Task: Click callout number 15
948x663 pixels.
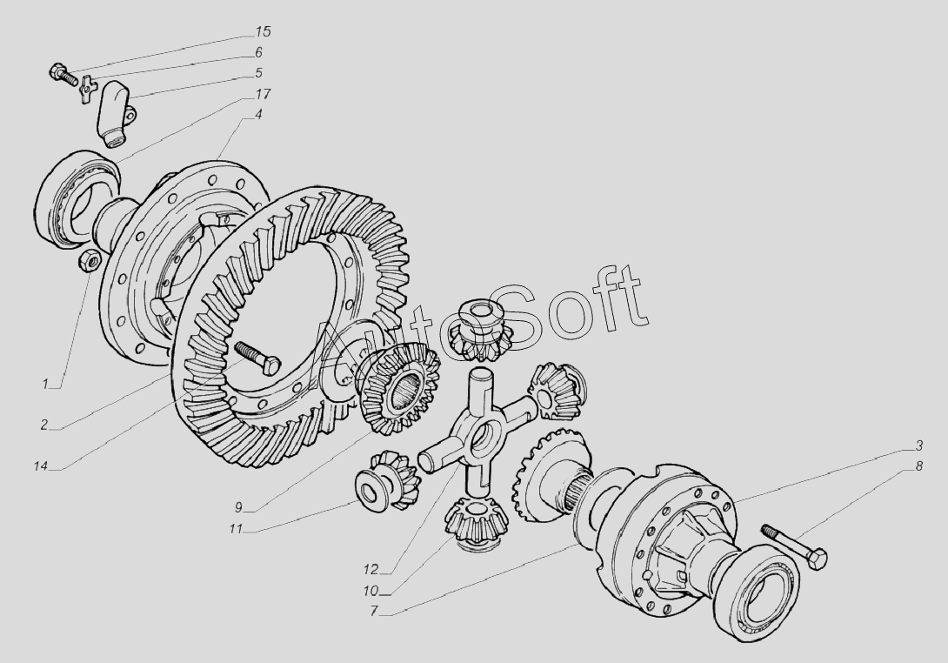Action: click(263, 31)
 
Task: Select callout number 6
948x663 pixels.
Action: click(258, 52)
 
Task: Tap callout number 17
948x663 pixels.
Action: click(263, 94)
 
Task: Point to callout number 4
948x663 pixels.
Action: click(258, 114)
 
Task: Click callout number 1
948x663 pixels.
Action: click(44, 384)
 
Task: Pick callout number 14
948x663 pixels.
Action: click(41, 465)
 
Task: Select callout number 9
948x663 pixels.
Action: click(238, 507)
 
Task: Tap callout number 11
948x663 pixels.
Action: click(235, 529)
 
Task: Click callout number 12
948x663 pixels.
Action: click(371, 569)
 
